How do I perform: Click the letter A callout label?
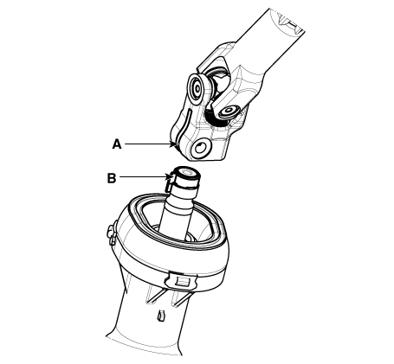117,144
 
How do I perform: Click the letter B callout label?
112,178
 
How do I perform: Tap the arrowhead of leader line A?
174,144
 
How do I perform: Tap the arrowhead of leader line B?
169,176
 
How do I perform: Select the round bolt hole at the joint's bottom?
202,148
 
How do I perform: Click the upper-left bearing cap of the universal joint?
197,89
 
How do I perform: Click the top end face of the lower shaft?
186,173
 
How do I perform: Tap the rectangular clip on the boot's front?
181,280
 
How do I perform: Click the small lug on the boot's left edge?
112,232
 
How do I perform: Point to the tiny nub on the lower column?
160,315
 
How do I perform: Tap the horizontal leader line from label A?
147,144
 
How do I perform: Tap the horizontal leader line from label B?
143,176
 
